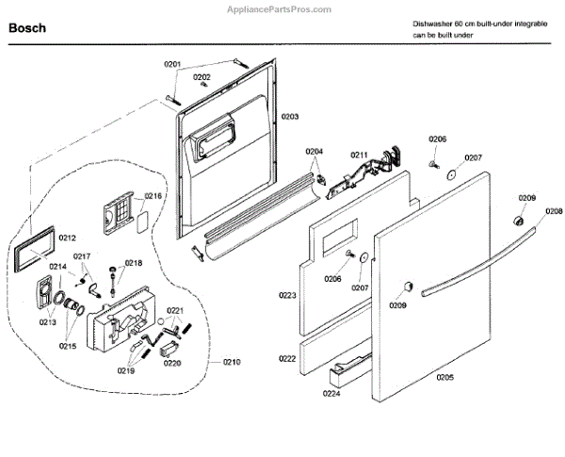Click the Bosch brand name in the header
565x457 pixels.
(x=27, y=29)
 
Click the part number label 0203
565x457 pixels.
(x=289, y=116)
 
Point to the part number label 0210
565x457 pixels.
(x=232, y=363)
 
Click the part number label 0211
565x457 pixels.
(x=359, y=154)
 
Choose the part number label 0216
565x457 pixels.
(x=154, y=197)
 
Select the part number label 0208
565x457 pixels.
(x=554, y=211)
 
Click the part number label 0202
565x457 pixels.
(x=202, y=76)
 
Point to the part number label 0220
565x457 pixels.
(x=172, y=363)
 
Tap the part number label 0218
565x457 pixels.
(x=134, y=263)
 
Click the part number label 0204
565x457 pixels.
(x=314, y=151)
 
